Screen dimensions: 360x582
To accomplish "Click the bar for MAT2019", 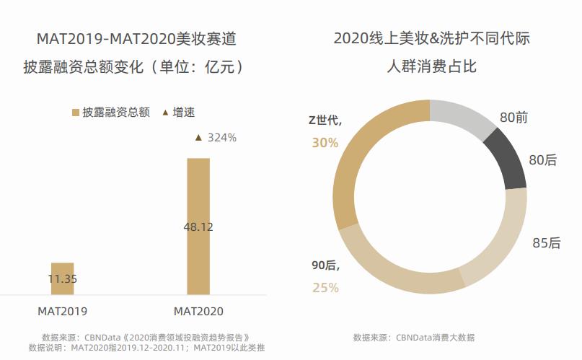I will click(62, 278).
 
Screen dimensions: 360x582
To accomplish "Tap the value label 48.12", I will click(198, 227).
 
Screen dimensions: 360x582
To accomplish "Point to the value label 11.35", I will click(63, 278).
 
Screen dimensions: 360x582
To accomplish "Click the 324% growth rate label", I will click(221, 137).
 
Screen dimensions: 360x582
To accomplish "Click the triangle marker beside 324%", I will click(199, 137).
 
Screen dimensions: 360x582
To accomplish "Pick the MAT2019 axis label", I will click(63, 312).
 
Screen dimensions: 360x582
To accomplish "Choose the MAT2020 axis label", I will click(198, 312).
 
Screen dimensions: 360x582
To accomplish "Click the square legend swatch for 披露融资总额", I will click(76, 113).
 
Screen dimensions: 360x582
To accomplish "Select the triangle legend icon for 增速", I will click(165, 113).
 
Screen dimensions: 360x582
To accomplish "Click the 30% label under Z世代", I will click(325, 143).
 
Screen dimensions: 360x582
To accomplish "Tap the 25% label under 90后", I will click(325, 288).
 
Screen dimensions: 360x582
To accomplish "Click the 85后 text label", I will click(546, 243).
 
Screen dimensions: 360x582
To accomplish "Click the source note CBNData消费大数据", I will click(414, 338).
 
